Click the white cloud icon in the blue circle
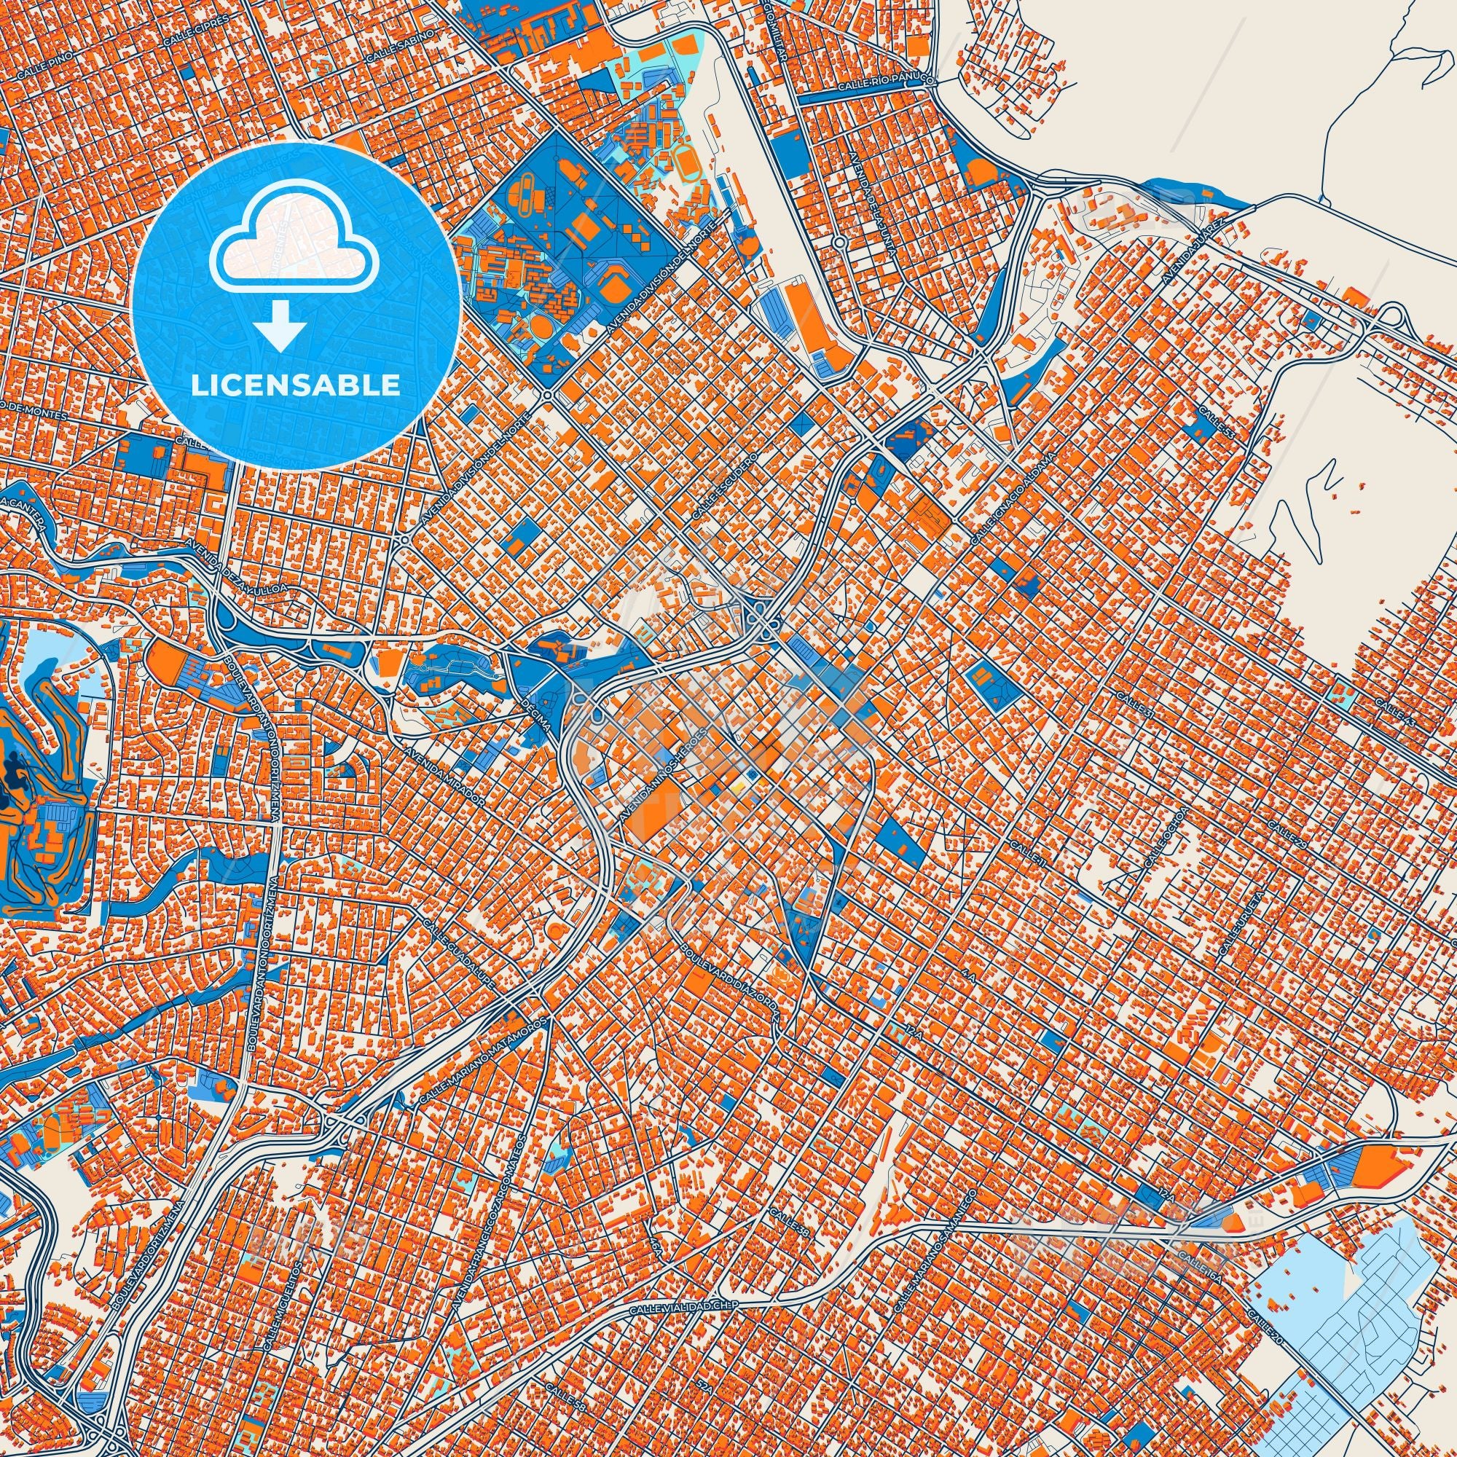pyautogui.click(x=294, y=249)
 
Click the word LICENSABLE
pyautogui.click(x=296, y=385)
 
